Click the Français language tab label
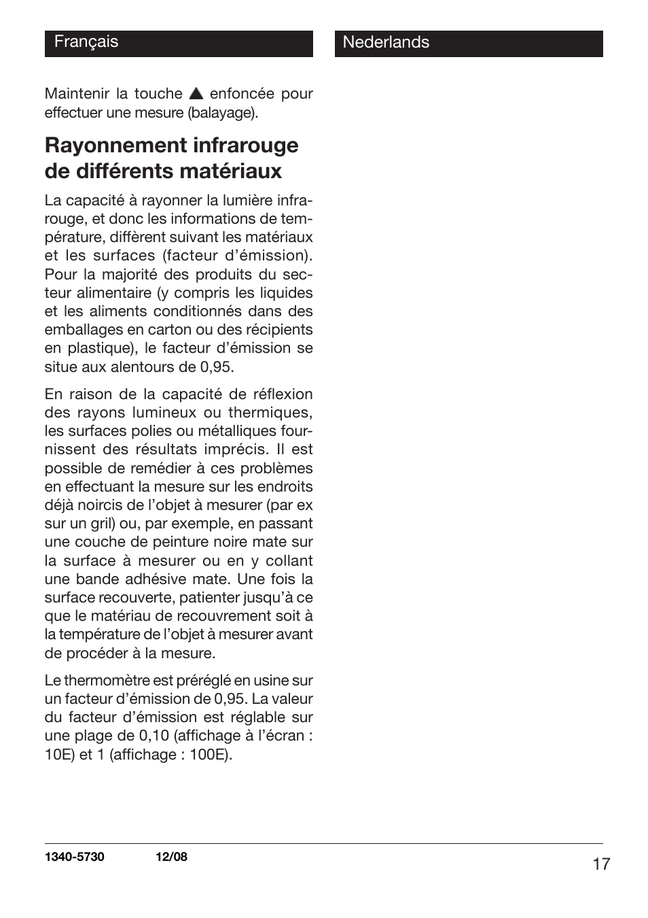tap(86, 42)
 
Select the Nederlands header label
tap(386, 42)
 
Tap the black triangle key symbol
tap(196, 94)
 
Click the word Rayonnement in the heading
tap(114, 146)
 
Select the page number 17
tap(600, 864)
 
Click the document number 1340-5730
tap(75, 857)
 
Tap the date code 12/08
tap(171, 857)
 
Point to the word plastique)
tap(102, 348)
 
